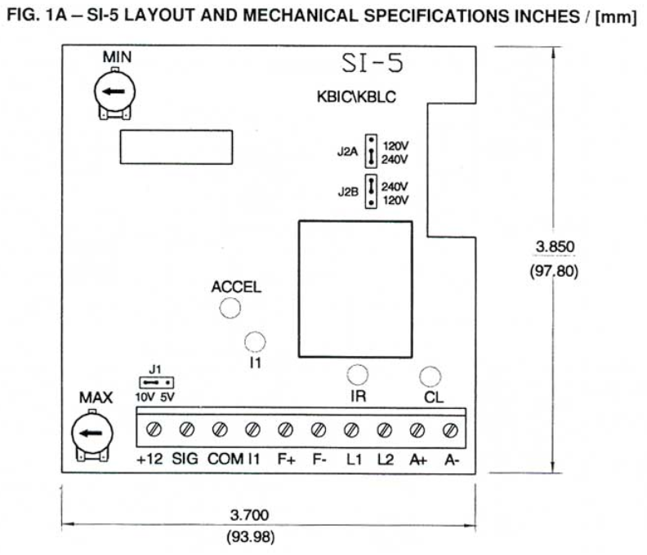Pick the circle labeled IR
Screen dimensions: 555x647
(357, 375)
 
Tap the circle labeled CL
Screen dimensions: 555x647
(430, 375)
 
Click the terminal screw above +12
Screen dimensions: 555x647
(153, 428)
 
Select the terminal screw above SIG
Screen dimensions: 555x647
(186, 428)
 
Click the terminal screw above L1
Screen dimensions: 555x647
(351, 428)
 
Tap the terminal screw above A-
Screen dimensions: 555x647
(448, 428)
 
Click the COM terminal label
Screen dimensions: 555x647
(224, 459)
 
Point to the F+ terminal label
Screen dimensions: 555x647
(285, 459)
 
